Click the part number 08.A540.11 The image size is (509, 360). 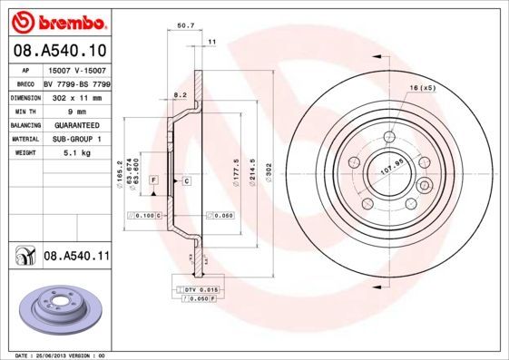coord(76,258)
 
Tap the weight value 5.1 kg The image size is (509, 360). coord(76,153)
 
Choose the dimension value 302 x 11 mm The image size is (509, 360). coord(76,96)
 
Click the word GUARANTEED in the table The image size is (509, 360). coord(76,125)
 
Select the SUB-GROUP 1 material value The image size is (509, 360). coord(76,140)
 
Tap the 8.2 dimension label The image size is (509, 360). coord(180,93)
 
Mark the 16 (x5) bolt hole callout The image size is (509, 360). coord(423,87)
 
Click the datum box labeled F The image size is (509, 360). coord(154,181)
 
